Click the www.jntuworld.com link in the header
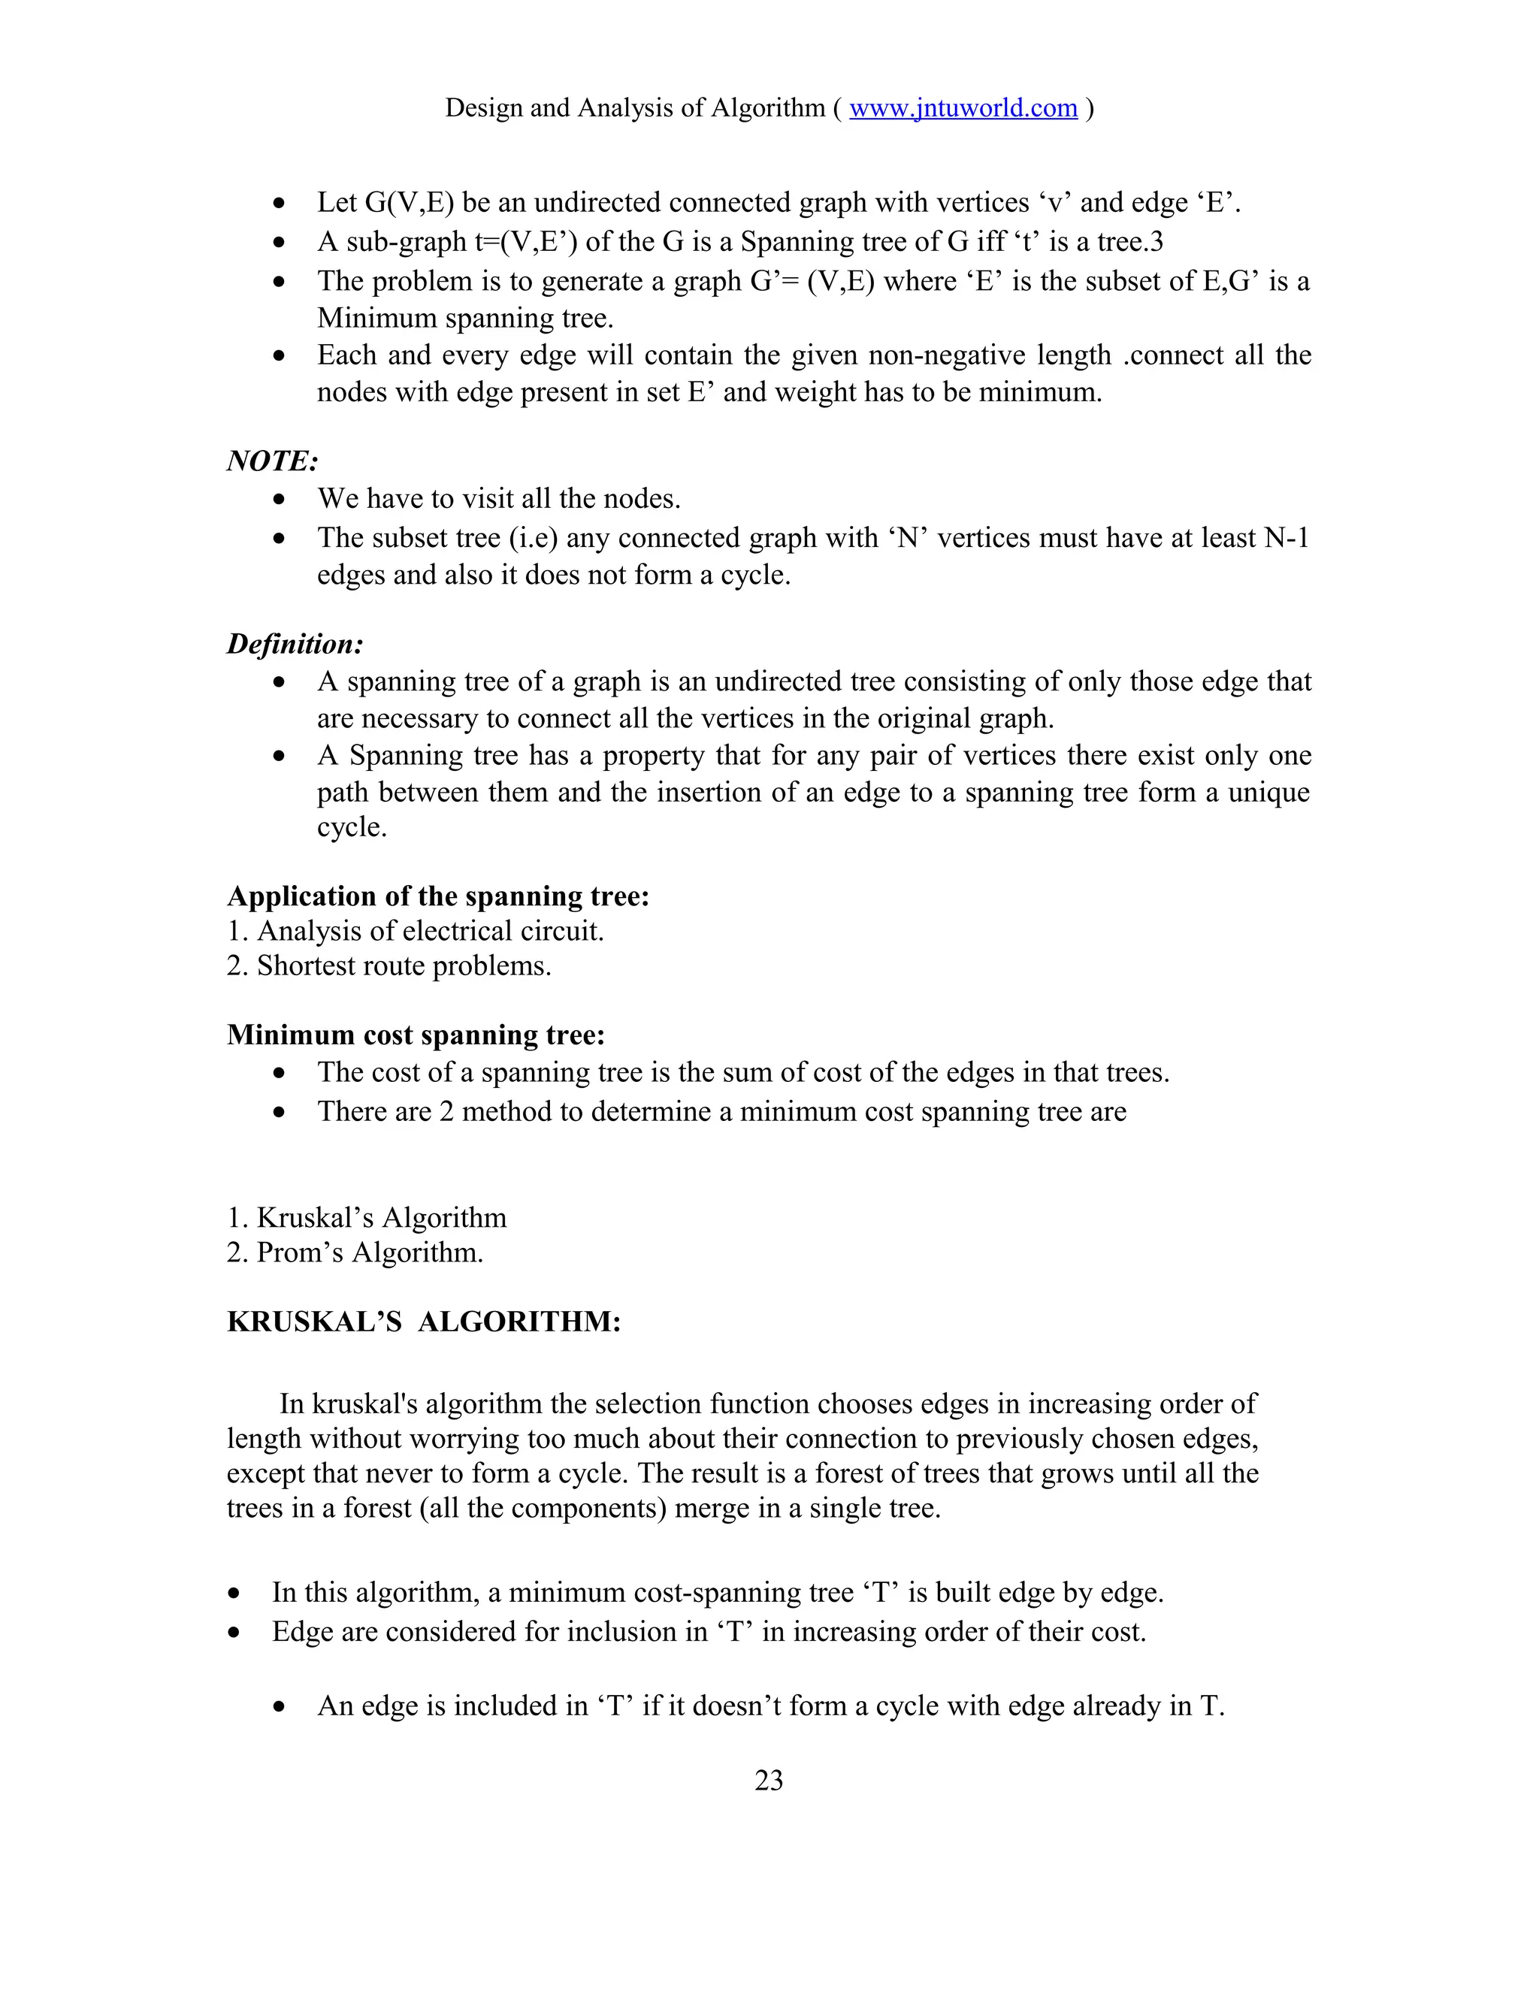pos(963,108)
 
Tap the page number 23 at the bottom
pos(769,1781)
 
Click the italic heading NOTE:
pos(272,461)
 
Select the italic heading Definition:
pos(295,645)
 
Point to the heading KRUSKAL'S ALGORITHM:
pos(423,1322)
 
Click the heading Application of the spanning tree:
pos(437,896)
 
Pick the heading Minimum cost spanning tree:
pos(416,1035)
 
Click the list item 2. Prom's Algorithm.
pos(355,1252)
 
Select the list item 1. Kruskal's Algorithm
pos(367,1218)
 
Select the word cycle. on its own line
pos(352,828)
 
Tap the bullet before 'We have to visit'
pos(280,500)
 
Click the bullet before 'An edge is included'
pos(280,1706)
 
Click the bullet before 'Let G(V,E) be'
pos(280,202)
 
